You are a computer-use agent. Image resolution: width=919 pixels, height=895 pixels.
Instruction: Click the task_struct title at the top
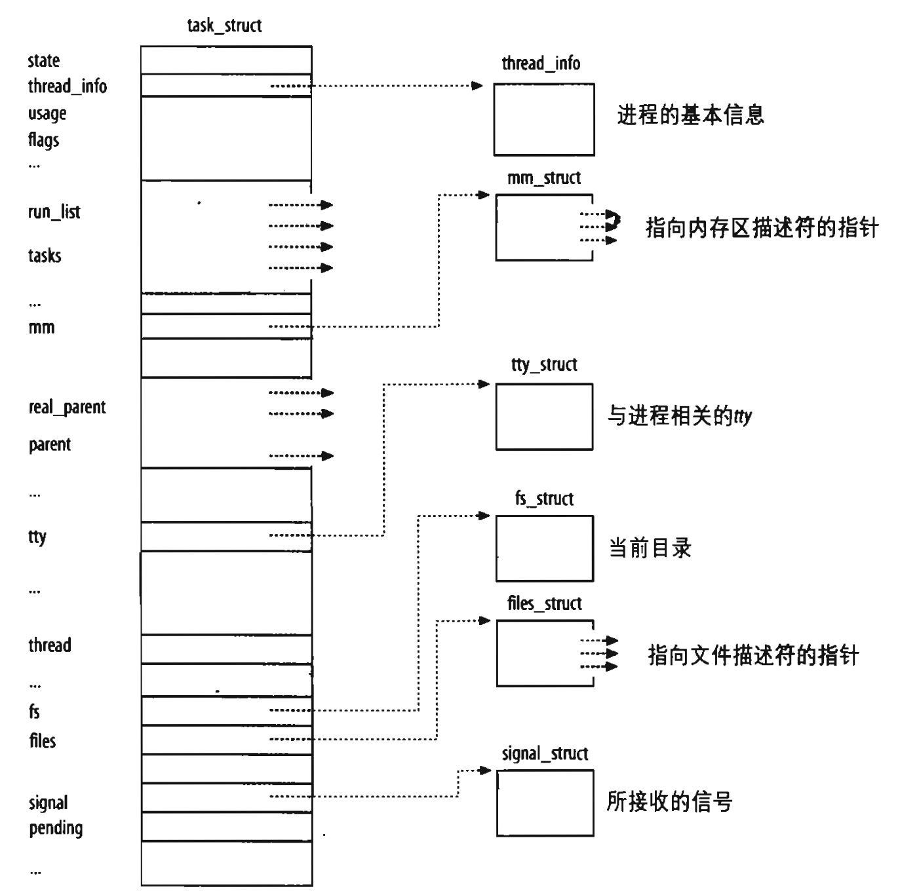[224, 26]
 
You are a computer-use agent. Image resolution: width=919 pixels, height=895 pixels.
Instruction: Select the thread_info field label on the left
[67, 86]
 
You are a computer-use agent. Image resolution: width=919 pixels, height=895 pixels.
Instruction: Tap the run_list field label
[54, 212]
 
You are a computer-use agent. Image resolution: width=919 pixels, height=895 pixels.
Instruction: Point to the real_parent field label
[67, 407]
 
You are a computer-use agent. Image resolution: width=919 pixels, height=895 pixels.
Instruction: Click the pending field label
[56, 828]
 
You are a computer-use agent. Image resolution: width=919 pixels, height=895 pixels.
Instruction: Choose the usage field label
[47, 113]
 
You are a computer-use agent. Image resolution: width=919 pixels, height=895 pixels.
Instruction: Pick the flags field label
[43, 140]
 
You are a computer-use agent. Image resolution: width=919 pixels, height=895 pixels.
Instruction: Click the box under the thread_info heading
[543, 119]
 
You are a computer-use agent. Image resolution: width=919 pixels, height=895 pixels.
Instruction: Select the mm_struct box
[543, 227]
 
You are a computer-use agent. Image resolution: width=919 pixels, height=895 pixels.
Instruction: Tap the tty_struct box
[543, 417]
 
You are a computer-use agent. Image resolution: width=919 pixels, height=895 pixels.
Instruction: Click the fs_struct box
[543, 548]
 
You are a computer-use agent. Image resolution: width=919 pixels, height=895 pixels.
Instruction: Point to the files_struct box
[543, 653]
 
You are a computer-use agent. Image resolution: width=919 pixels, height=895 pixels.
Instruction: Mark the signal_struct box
[544, 803]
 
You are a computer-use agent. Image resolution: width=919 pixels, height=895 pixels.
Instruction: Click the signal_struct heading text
[545, 753]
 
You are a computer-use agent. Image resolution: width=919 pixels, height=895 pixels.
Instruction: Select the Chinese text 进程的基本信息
[690, 115]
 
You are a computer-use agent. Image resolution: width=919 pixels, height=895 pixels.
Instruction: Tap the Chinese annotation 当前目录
[650, 548]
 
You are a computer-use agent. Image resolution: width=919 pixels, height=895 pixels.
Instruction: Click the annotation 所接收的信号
[669, 801]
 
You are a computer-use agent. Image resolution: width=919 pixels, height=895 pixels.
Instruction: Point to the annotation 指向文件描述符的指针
[753, 655]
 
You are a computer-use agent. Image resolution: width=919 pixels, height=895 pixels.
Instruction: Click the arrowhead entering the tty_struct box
[485, 384]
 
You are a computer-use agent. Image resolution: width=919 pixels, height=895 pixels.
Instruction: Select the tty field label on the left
[37, 537]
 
